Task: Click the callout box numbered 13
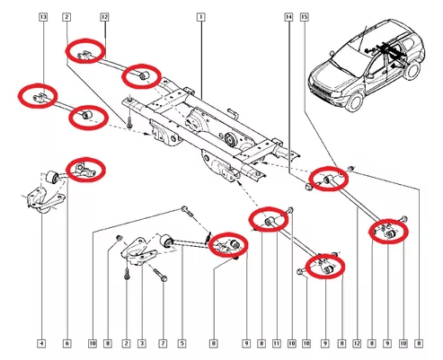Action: [43, 17]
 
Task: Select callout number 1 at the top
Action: [201, 17]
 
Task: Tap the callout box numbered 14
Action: [288, 17]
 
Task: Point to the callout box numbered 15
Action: [305, 17]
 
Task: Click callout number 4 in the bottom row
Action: [41, 343]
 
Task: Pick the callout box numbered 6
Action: [67, 343]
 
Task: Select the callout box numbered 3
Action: [142, 343]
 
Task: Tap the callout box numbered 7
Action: [163, 343]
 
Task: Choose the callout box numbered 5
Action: [182, 343]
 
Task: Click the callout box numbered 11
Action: [277, 343]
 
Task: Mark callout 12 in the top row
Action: [104, 17]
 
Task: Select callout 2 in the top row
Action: [66, 17]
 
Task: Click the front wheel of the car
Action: [356, 101]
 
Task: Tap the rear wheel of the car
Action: [412, 69]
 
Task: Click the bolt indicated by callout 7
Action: [159, 275]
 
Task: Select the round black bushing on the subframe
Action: [230, 138]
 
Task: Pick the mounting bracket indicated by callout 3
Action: [138, 250]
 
